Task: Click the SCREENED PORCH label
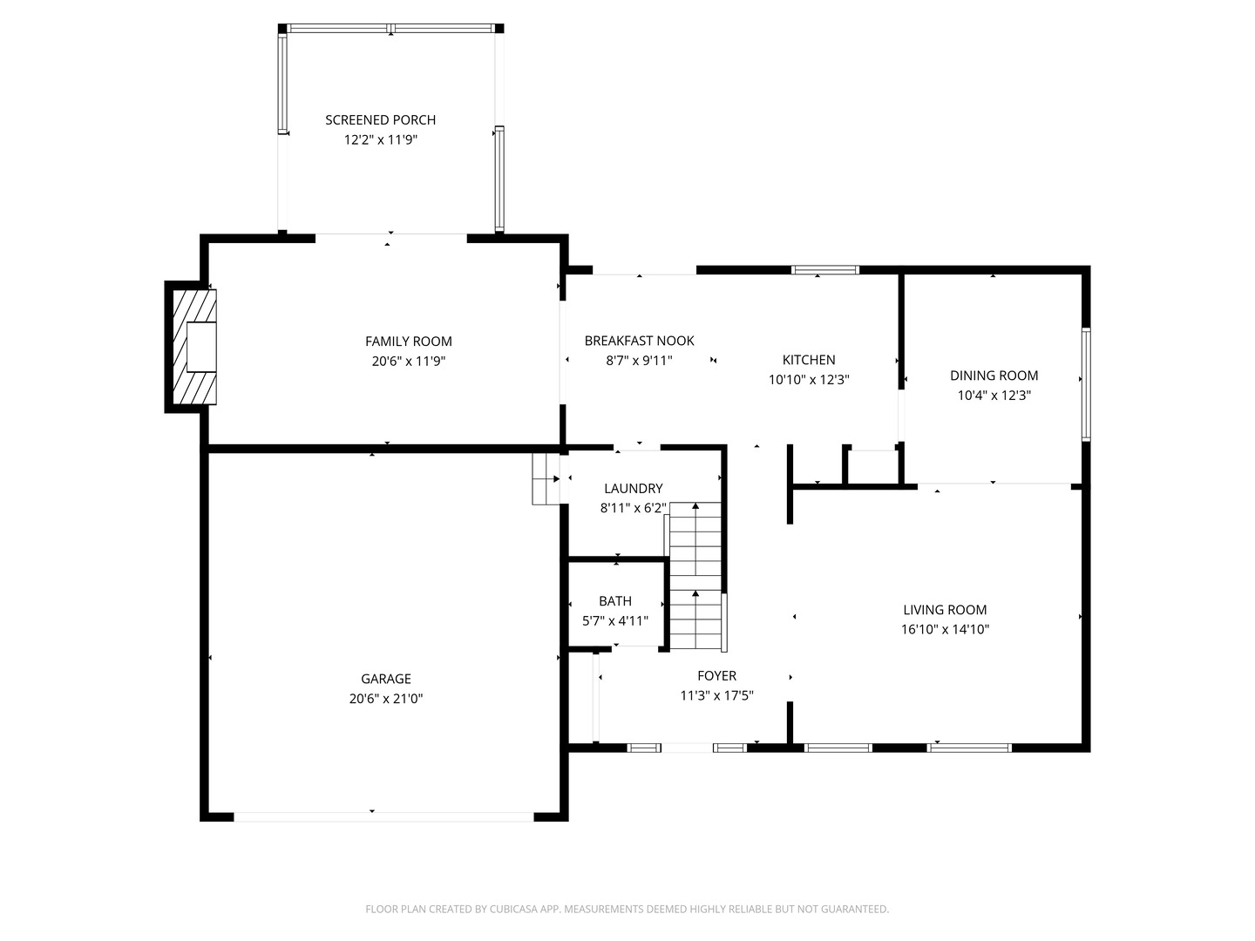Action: coord(380,120)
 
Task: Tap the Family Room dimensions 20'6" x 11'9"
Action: coord(408,361)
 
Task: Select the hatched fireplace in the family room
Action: coord(194,347)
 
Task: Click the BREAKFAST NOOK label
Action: coord(639,341)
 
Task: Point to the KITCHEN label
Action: coord(809,360)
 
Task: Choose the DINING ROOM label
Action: coord(994,376)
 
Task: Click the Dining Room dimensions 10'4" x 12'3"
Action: coord(994,396)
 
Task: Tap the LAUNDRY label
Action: coord(633,489)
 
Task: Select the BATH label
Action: coord(615,601)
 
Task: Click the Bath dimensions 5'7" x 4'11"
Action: coord(615,621)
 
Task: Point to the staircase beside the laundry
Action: coord(695,576)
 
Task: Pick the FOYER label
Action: coord(716,676)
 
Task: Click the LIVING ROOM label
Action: coord(945,610)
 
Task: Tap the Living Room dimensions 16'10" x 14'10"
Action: coord(945,630)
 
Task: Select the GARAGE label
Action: coord(386,679)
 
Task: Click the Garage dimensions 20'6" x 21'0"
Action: coord(386,699)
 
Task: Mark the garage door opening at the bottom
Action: coord(383,817)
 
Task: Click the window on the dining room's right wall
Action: coord(1086,384)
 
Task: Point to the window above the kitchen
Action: coord(824,270)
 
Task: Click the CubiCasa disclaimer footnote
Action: coord(627,909)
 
